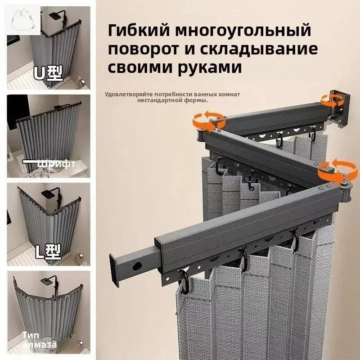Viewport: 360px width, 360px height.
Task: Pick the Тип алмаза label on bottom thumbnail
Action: pyautogui.click(x=40, y=341)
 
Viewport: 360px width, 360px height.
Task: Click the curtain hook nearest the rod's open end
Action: pyautogui.click(x=184, y=277)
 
